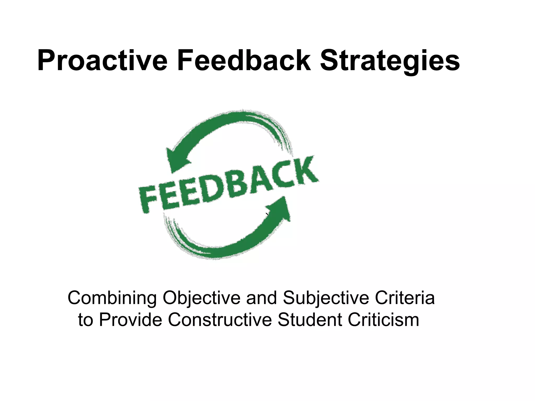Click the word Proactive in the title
[x=102, y=61]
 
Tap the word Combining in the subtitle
[x=112, y=298]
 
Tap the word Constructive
[x=220, y=320]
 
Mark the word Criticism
[x=383, y=320]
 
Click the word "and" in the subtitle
[x=261, y=298]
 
